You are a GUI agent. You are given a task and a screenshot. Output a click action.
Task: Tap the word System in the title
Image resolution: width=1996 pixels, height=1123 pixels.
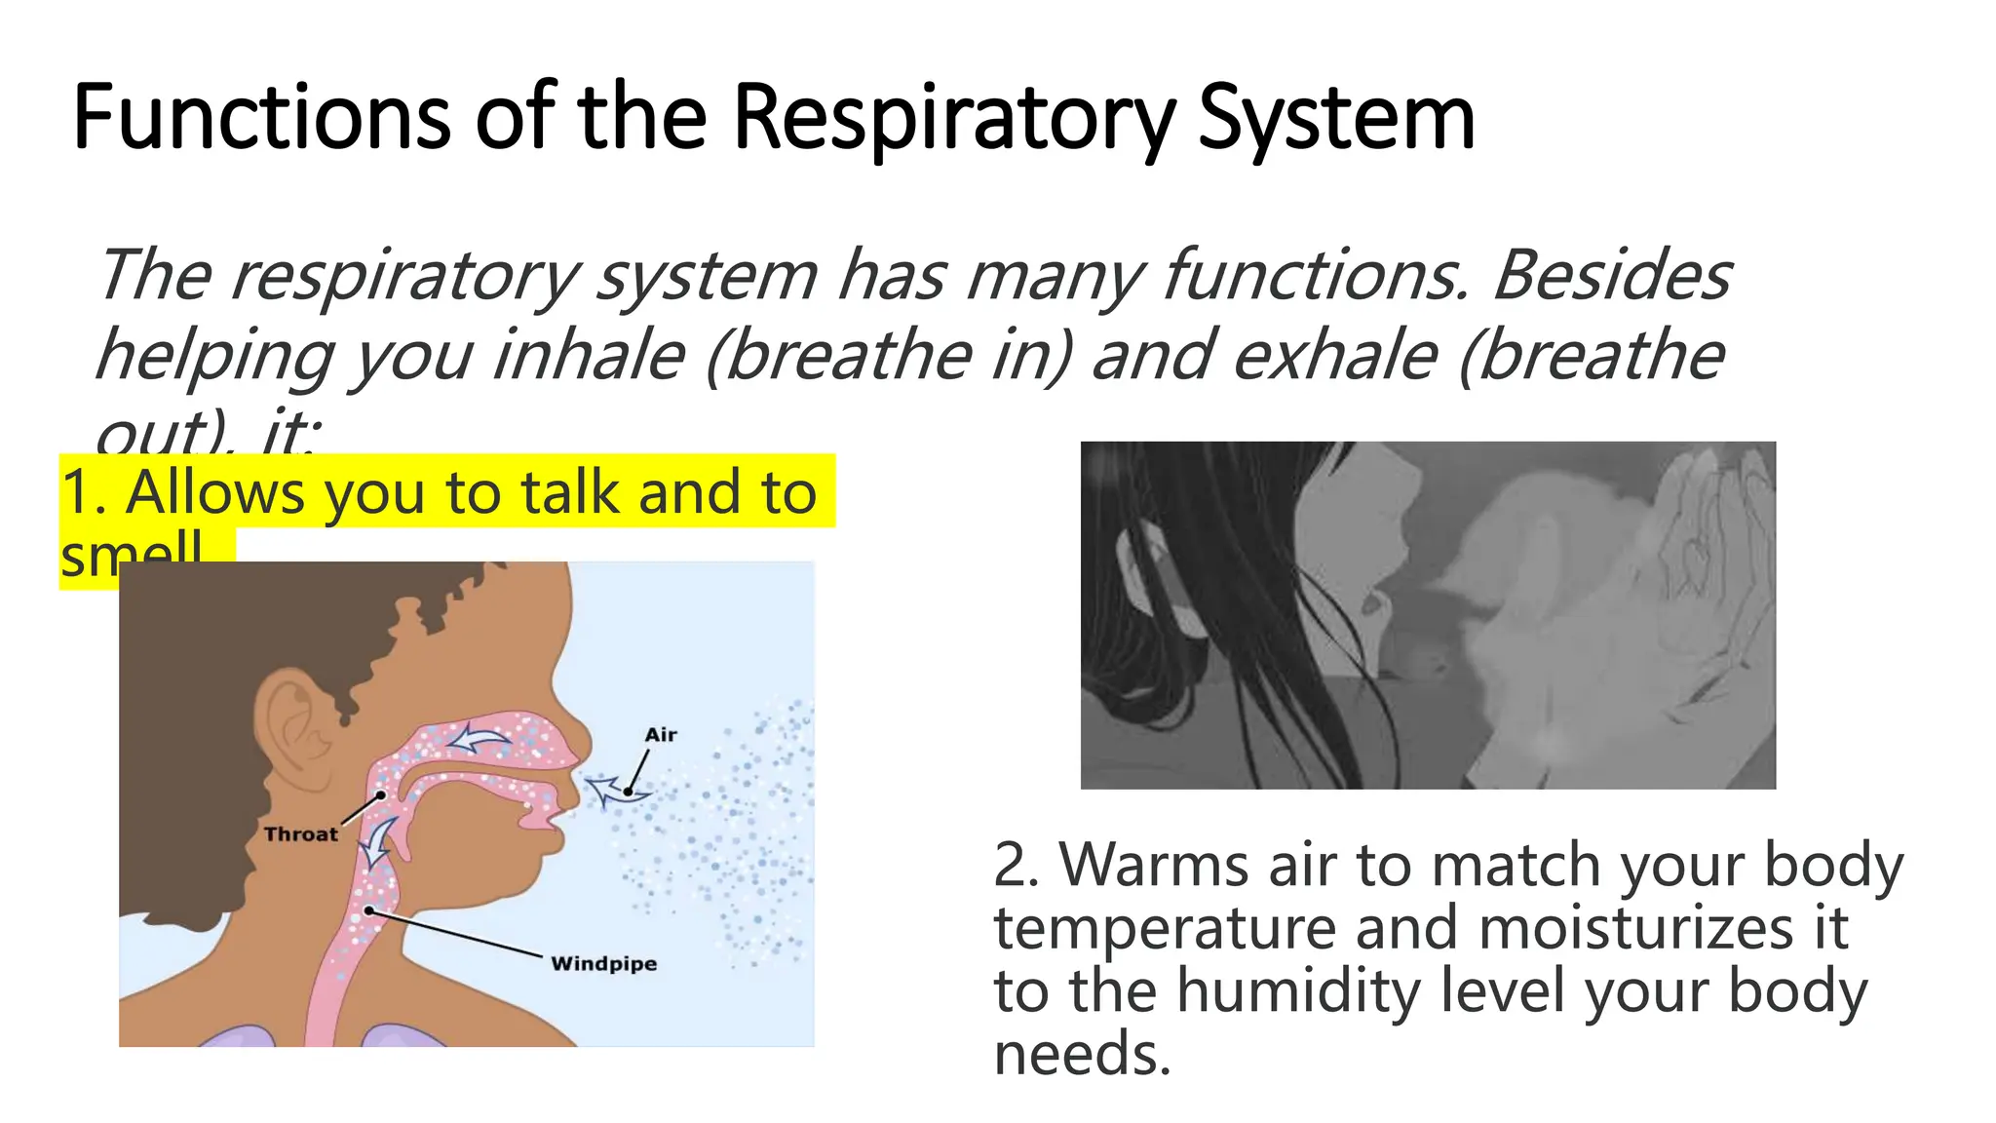point(1336,118)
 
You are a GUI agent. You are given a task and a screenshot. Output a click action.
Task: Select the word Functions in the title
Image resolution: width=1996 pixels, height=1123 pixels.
point(261,118)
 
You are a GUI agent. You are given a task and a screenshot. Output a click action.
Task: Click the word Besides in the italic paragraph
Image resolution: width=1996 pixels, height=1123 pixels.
point(1612,275)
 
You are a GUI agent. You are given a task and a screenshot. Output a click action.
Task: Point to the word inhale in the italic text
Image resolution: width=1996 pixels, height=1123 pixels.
point(589,355)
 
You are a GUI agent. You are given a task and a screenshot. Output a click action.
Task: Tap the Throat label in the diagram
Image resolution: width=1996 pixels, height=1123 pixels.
point(300,834)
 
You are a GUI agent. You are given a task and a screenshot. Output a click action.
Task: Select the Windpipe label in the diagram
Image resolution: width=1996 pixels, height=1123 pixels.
point(603,964)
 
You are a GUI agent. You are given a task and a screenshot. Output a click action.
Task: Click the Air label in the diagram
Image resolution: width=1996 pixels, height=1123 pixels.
point(661,735)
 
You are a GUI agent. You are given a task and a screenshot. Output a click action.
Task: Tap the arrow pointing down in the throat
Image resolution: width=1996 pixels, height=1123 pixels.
point(378,841)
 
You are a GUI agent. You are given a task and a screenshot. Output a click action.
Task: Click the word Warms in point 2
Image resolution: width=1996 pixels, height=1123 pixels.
point(1153,865)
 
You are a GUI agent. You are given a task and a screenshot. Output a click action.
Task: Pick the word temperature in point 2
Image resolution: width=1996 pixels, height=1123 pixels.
point(1165,928)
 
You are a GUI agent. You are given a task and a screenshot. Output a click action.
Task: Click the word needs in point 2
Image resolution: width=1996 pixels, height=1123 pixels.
point(1082,1055)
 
